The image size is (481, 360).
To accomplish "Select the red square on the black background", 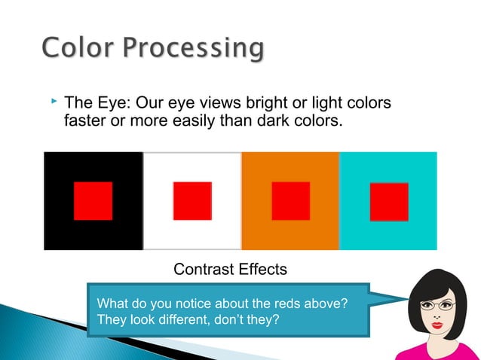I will point(93,201).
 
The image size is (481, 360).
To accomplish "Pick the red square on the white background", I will point(192,201).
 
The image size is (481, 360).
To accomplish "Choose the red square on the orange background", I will point(290,201).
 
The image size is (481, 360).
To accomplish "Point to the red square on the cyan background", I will point(389,201).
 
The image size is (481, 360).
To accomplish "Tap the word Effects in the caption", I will point(264,269).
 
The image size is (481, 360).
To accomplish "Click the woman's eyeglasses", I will point(437,306).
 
